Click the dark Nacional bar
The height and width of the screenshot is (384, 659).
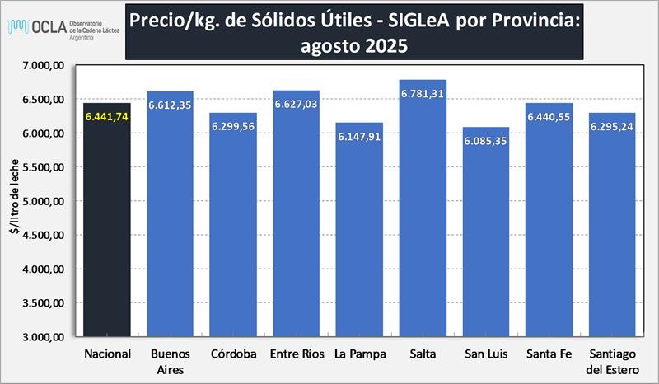(107, 231)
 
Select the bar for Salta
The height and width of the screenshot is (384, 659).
(423, 214)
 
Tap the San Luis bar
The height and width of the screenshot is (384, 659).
(486, 239)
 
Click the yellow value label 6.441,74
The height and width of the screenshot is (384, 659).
(107, 117)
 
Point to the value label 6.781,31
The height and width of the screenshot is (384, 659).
(423, 93)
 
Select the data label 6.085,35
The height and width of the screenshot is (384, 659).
(486, 141)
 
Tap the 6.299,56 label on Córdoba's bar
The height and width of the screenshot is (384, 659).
(233, 127)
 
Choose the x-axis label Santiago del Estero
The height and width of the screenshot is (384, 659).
(612, 362)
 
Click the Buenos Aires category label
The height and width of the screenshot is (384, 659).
(171, 362)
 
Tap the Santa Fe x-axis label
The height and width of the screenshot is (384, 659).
(549, 354)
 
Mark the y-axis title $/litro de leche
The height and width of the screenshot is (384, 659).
(13, 201)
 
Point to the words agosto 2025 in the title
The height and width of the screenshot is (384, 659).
(354, 46)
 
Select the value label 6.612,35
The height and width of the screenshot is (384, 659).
(171, 105)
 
